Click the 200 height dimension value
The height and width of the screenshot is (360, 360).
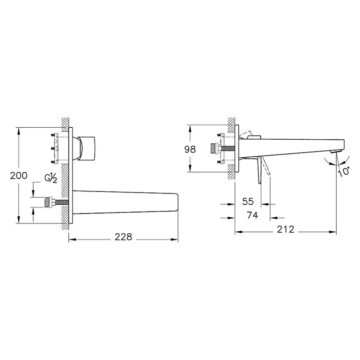pos(19,175)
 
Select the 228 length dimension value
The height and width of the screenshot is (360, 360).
pos(123,237)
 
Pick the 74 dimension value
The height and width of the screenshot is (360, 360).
pos(253,216)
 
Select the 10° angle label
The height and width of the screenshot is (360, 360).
pos(344,171)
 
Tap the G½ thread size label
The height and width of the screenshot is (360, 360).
pos(51,178)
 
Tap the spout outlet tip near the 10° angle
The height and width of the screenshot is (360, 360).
pos(335,151)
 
